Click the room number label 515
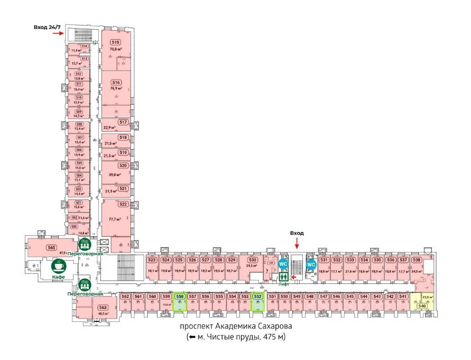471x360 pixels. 115,42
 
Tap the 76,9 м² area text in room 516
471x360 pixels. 116,89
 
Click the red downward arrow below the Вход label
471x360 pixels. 297,243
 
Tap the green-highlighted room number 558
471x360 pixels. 180,297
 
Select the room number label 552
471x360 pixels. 258,297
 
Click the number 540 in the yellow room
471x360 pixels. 422,306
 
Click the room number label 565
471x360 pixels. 51,247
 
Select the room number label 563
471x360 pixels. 103,307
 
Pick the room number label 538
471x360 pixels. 417,260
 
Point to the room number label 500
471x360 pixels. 74,226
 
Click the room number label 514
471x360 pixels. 84,47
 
